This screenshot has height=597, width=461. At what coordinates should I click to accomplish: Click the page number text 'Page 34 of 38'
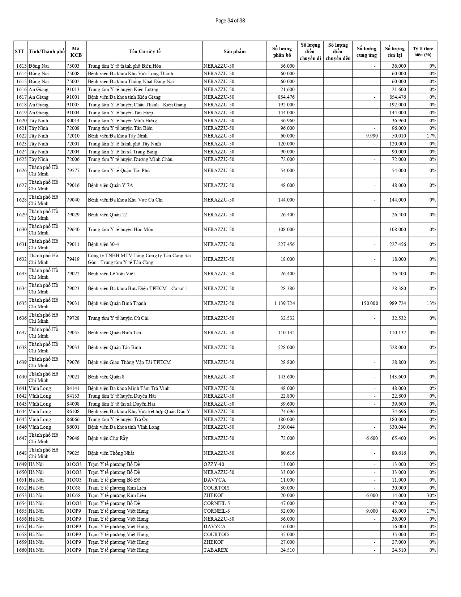pyautogui.click(x=230, y=21)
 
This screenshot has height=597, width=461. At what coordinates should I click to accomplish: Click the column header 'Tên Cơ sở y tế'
pyautogui.click(x=145, y=51)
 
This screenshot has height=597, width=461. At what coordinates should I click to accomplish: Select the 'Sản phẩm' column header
pyautogui.click(x=234, y=51)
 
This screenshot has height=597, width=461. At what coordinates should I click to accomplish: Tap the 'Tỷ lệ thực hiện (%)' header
pyautogui.click(x=423, y=51)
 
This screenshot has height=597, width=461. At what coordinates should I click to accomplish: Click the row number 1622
pyautogui.click(x=21, y=136)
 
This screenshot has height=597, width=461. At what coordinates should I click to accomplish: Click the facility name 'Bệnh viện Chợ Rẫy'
pyautogui.click(x=108, y=439)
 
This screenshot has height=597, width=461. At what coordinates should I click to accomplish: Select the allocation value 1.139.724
pyautogui.click(x=284, y=303)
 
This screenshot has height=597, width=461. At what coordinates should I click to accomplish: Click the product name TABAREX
pyautogui.click(x=215, y=550)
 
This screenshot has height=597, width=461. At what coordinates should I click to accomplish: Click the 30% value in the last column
pyautogui.click(x=431, y=496)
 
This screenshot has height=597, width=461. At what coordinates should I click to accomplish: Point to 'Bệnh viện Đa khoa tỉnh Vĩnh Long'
pyautogui.click(x=123, y=427)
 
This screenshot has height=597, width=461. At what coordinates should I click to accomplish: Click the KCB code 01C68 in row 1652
pyautogui.click(x=73, y=488)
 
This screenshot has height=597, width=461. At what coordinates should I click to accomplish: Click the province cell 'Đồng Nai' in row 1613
pyautogui.click(x=39, y=66)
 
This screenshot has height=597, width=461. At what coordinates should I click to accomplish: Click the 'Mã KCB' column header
pyautogui.click(x=76, y=51)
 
